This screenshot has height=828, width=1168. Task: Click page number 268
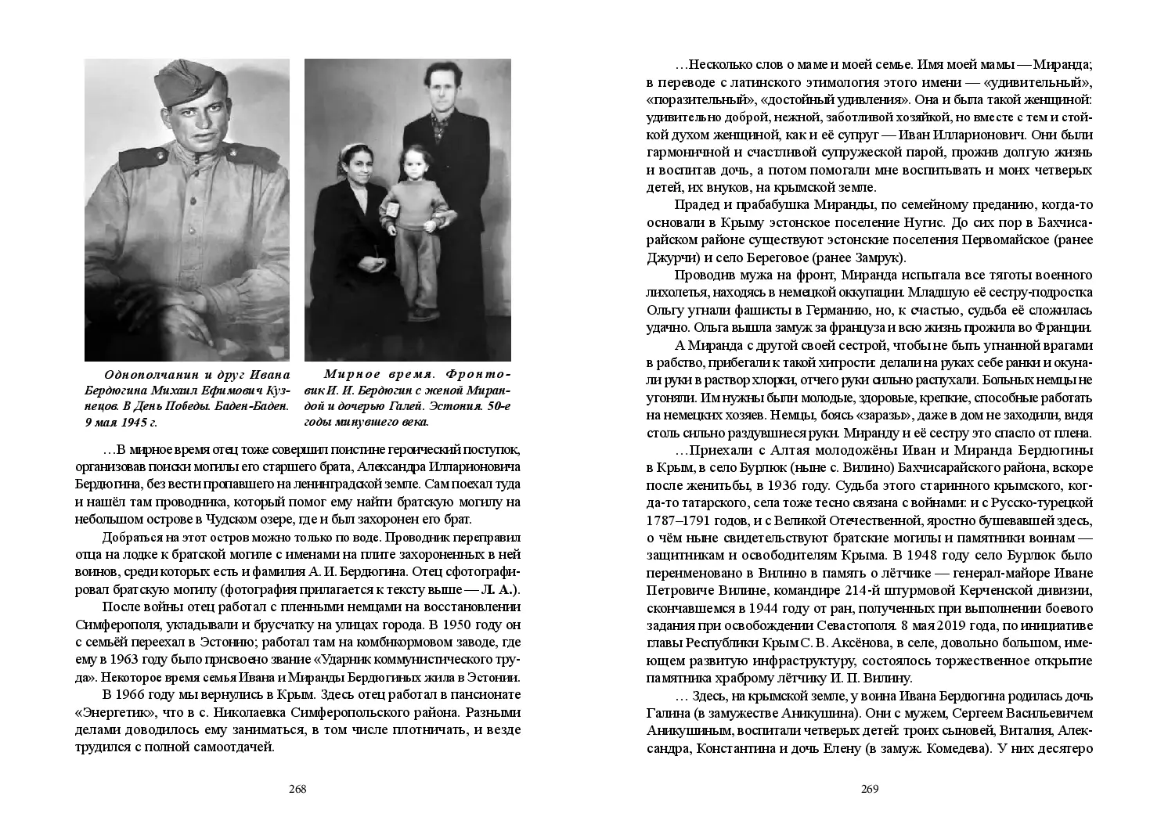coord(297,789)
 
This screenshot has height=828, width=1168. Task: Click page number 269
coord(870,789)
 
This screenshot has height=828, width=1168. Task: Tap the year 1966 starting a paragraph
coord(138,695)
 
